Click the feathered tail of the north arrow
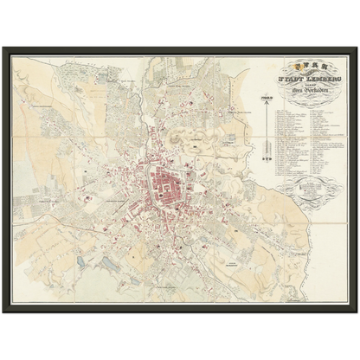point(267,158)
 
